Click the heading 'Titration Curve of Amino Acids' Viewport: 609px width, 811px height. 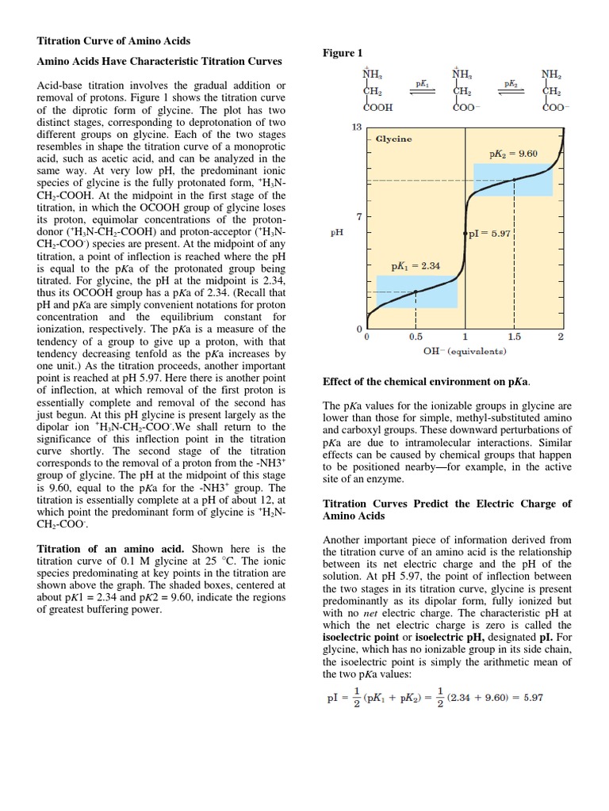tap(114, 40)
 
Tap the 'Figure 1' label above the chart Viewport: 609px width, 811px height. tap(343, 53)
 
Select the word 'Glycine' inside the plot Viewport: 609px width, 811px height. tap(393, 139)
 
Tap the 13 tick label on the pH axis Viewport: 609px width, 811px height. tap(356, 127)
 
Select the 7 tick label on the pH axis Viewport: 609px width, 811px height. tap(358, 216)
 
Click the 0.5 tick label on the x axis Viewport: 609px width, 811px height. tap(415, 337)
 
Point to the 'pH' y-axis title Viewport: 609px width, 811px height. tap(336, 234)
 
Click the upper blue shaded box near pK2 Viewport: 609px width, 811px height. tap(513, 180)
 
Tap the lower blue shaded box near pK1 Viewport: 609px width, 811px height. tap(416, 291)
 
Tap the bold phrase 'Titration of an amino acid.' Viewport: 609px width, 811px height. tap(98, 548)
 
